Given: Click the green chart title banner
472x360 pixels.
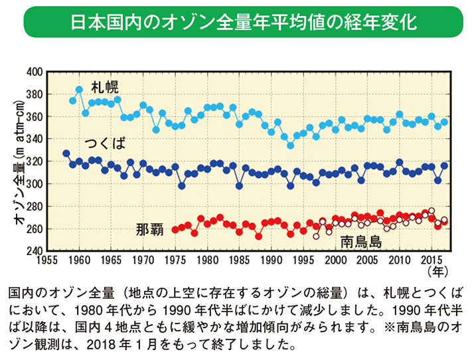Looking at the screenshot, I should (x=236, y=21).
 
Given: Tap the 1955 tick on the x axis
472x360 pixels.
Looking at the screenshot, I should (x=47, y=260).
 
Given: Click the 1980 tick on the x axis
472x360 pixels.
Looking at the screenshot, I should (x=207, y=260).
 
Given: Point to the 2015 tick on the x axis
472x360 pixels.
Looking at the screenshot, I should (x=432, y=260).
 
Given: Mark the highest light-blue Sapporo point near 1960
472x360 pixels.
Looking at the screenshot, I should (x=79, y=89).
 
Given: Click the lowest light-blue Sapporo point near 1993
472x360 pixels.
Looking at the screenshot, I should (x=290, y=145).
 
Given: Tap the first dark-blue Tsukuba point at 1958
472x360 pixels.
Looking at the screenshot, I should (x=66, y=153).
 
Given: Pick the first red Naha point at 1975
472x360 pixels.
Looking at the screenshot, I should (x=175, y=230).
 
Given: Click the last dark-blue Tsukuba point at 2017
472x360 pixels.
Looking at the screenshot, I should (x=444, y=165).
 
